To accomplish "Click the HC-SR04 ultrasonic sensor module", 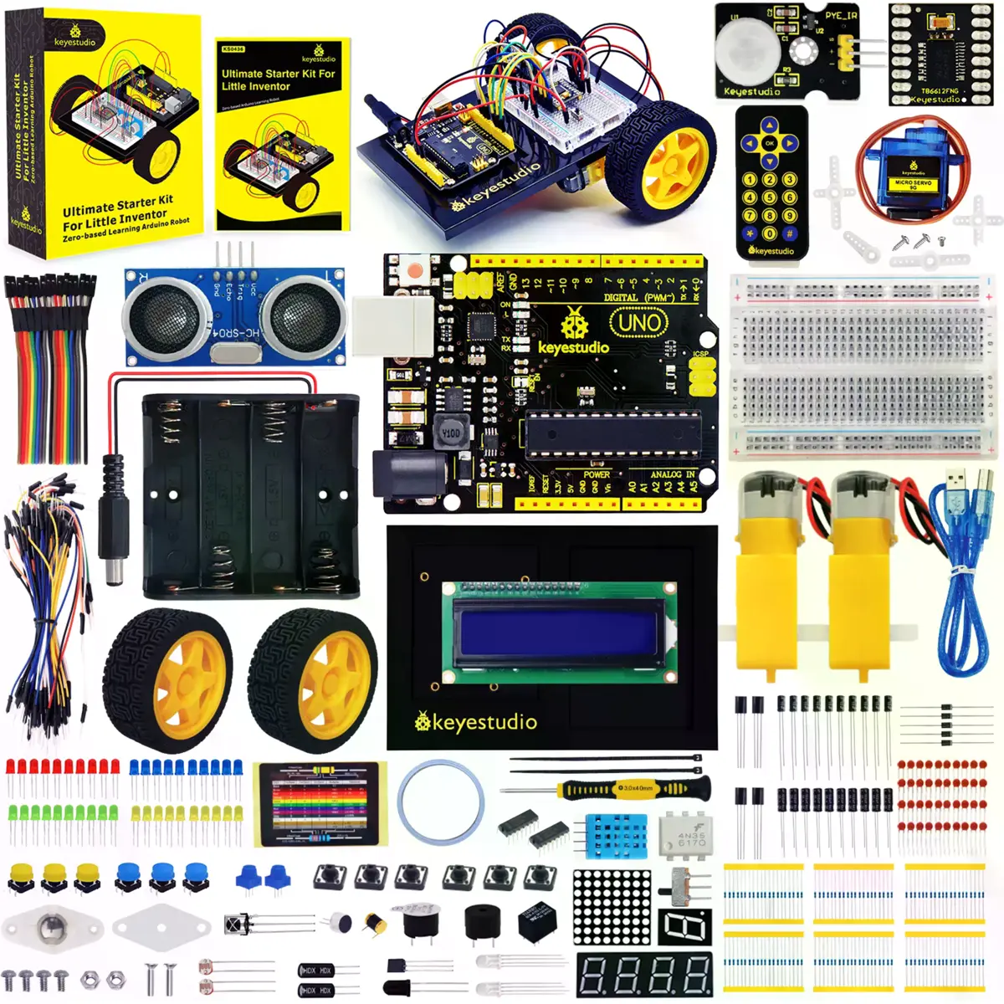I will pyautogui.click(x=234, y=316).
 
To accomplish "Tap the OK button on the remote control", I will pyautogui.click(x=770, y=143).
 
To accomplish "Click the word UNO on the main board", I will pyautogui.click(x=640, y=322).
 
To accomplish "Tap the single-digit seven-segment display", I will pyautogui.click(x=684, y=928).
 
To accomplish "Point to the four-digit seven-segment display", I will pyautogui.click(x=644, y=975).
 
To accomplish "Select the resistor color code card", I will pyautogui.click(x=320, y=804).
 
